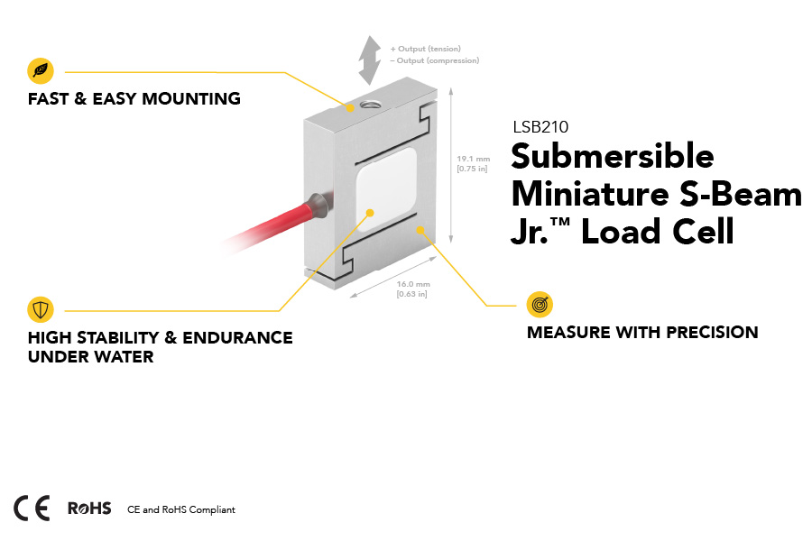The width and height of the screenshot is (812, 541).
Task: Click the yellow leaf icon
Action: pyautogui.click(x=41, y=70)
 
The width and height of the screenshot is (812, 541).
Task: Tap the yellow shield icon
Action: pyautogui.click(x=41, y=310)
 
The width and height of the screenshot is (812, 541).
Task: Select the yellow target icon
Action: pyautogui.click(x=540, y=305)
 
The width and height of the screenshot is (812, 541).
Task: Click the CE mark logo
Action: pyautogui.click(x=32, y=509)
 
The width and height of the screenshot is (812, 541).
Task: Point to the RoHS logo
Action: pyautogui.click(x=89, y=509)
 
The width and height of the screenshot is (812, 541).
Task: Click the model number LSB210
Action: pyautogui.click(x=540, y=128)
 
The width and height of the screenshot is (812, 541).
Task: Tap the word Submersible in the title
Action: pyautogui.click(x=613, y=158)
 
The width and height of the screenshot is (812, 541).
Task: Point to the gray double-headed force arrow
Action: pyautogui.click(x=368, y=60)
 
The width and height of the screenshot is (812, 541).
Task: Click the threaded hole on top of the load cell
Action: pyautogui.click(x=368, y=105)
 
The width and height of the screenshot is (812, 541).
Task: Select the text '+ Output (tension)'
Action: pyautogui.click(x=425, y=49)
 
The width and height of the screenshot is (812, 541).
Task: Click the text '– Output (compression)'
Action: pyautogui.click(x=434, y=60)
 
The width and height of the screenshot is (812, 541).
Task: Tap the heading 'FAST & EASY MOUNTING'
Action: pyautogui.click(x=134, y=99)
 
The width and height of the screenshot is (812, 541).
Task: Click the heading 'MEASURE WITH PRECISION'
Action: pyautogui.click(x=642, y=333)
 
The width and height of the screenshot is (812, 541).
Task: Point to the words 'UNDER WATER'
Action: pyautogui.click(x=91, y=357)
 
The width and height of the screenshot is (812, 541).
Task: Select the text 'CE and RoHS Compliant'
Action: pyautogui.click(x=181, y=510)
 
